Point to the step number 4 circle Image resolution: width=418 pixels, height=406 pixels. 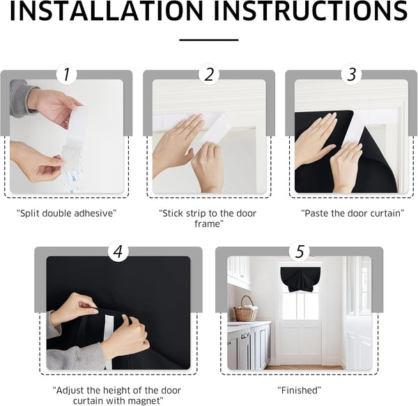tap(118, 251)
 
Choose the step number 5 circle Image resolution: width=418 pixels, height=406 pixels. tap(300, 251)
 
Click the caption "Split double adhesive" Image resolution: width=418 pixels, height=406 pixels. tap(66, 212)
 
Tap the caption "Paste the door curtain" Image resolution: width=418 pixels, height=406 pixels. tap(352, 212)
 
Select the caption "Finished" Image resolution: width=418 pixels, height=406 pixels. tap(300, 389)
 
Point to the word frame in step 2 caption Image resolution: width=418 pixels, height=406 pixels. tap(209, 224)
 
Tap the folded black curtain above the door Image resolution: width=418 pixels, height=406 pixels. tap(300, 276)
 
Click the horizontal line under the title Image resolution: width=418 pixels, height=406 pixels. tap(209, 40)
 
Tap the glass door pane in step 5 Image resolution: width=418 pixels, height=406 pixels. tap(300, 306)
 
